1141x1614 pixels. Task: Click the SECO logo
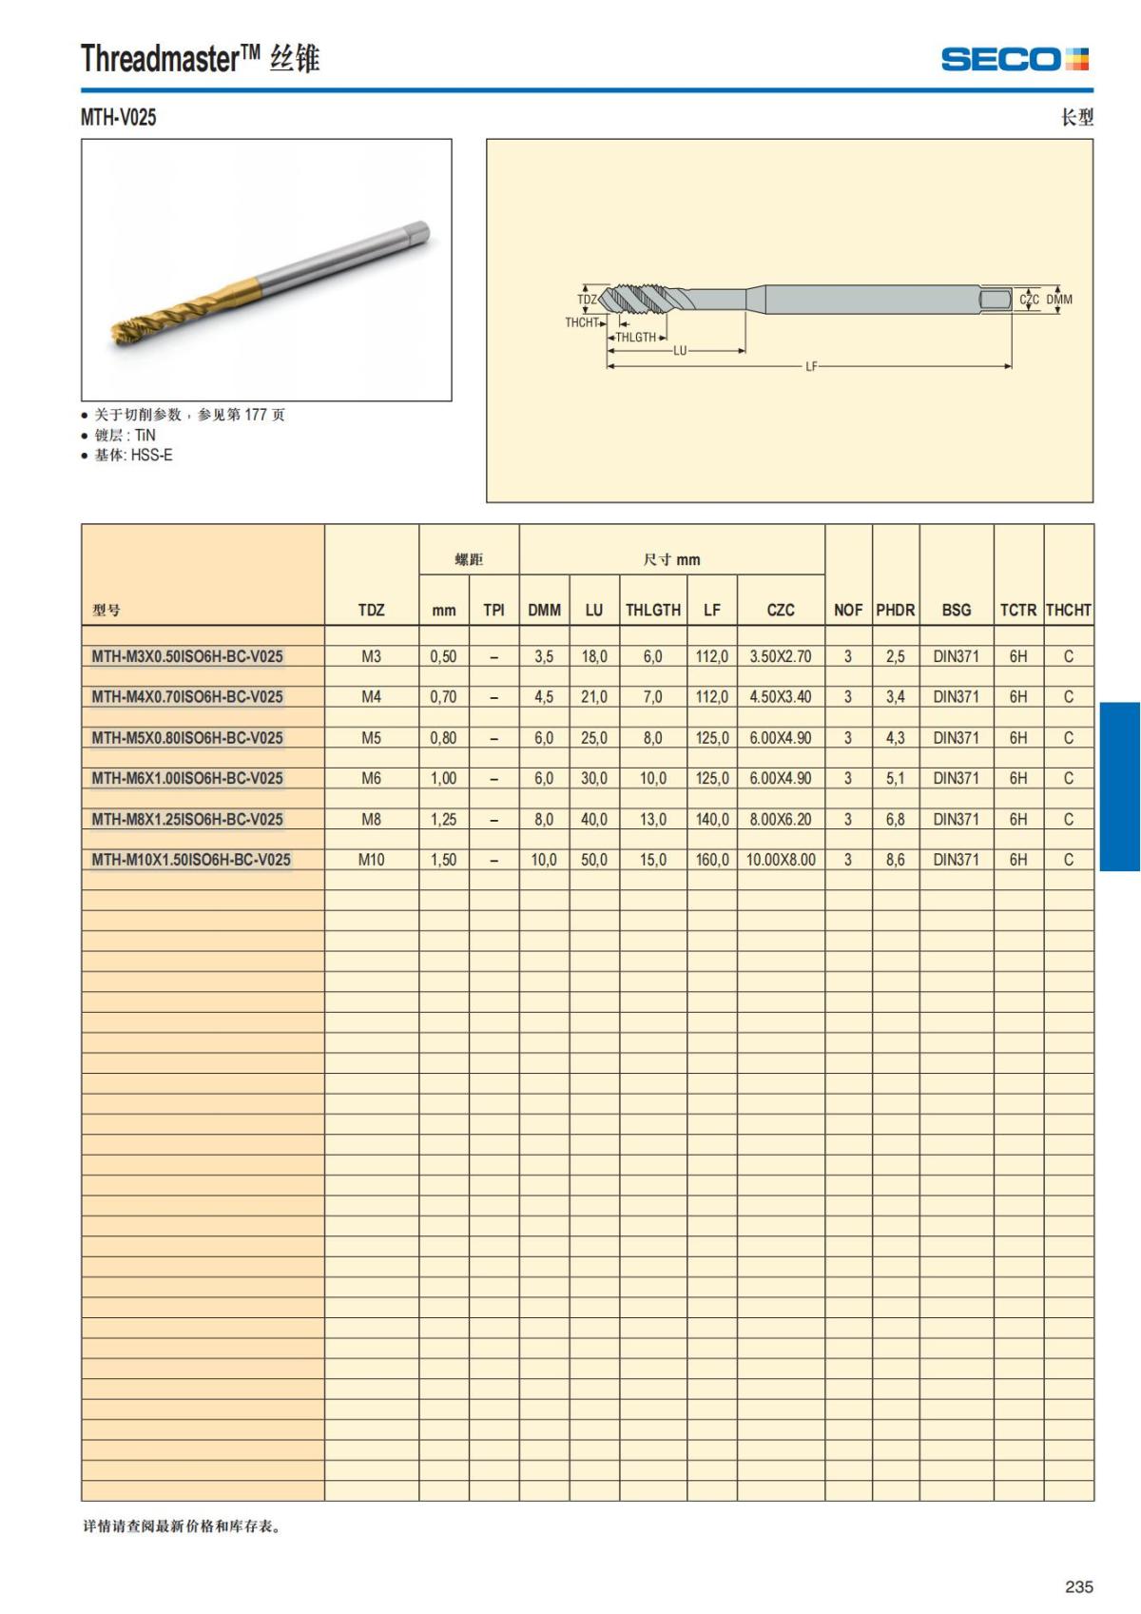(x=1014, y=59)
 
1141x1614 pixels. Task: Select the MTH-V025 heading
(x=119, y=118)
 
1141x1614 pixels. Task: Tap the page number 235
(x=1078, y=1586)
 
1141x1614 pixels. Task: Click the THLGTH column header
(x=652, y=611)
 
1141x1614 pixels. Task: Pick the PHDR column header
(x=895, y=611)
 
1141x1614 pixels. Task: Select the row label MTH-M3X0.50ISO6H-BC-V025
(x=187, y=656)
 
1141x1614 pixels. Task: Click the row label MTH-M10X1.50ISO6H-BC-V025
(x=191, y=860)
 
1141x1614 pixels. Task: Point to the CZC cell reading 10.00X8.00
(x=781, y=860)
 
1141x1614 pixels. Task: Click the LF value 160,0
(x=711, y=860)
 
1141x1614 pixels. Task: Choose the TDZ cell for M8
(x=371, y=819)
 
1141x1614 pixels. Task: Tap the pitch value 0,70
(x=443, y=697)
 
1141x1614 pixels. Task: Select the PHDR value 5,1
(x=895, y=778)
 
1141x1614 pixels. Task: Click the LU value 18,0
(x=594, y=656)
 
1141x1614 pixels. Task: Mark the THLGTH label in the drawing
(x=636, y=338)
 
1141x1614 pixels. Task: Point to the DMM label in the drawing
(x=1059, y=300)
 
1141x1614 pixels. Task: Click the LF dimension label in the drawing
(x=811, y=366)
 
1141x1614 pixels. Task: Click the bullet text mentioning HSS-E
(x=133, y=456)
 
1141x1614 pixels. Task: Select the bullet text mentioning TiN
(x=125, y=436)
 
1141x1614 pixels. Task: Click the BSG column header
(x=956, y=611)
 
